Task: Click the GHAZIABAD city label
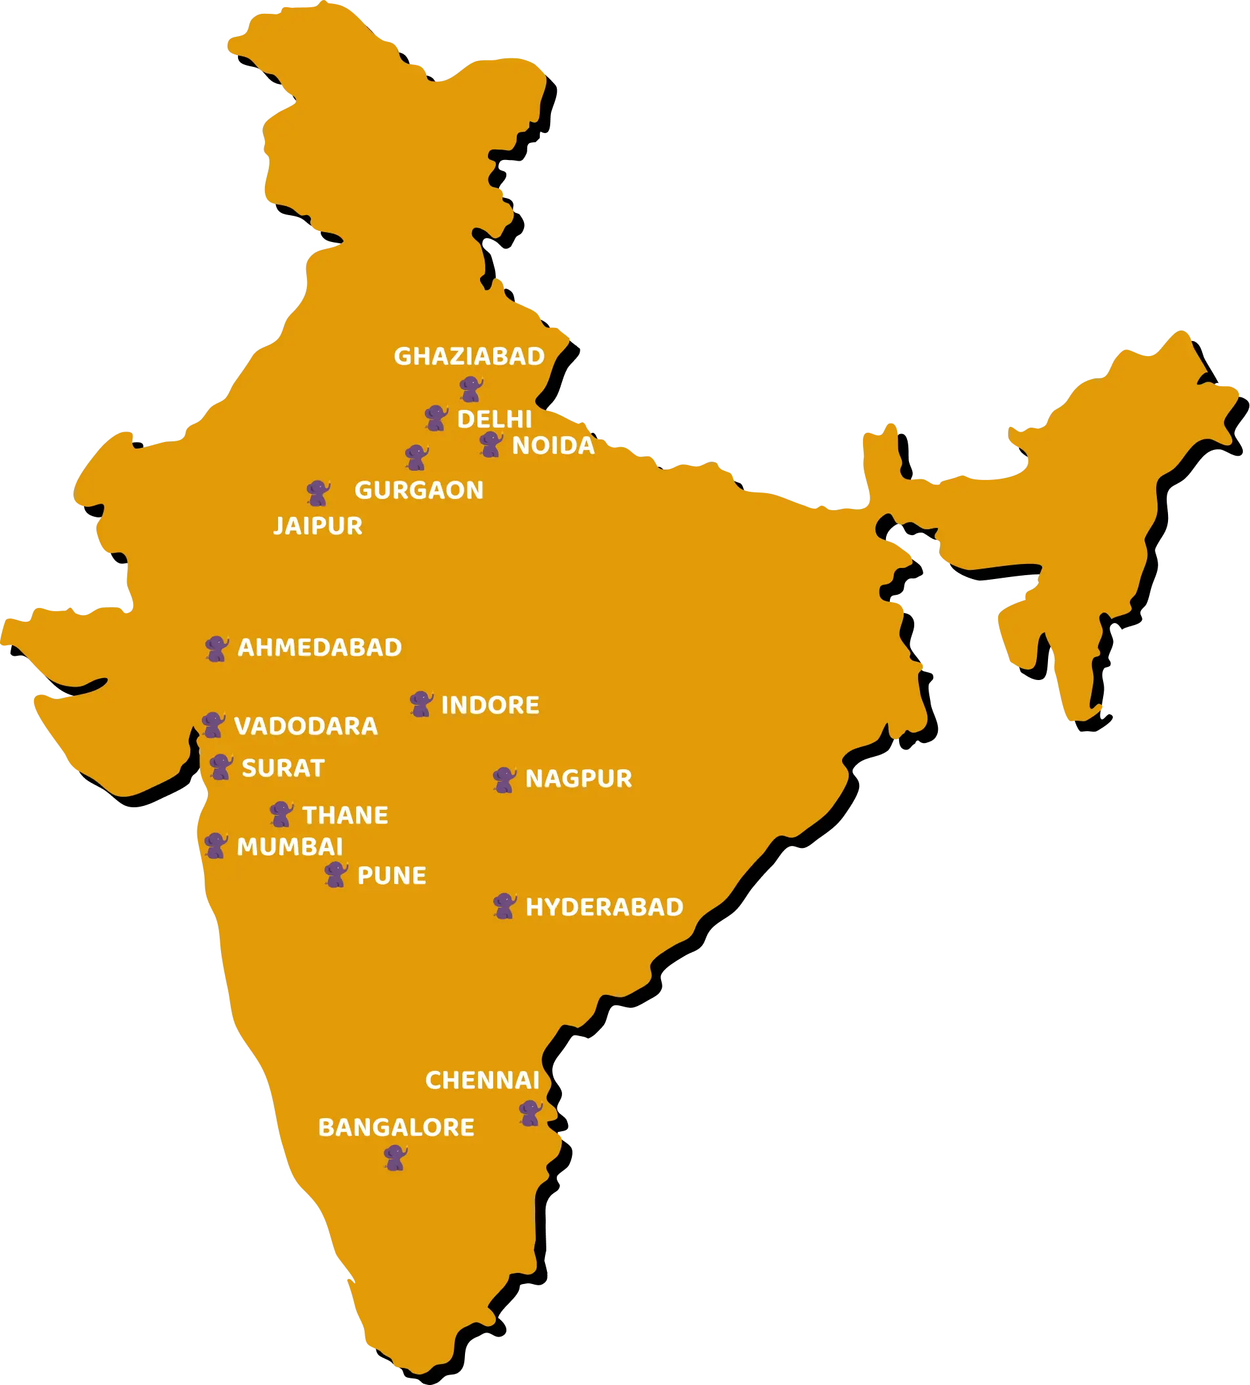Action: (469, 356)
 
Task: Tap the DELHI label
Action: (494, 419)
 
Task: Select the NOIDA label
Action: (553, 446)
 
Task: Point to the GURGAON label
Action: (419, 491)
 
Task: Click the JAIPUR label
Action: (318, 526)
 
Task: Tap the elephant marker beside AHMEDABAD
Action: (217, 648)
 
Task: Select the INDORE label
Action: (490, 705)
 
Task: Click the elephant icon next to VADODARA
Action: (213, 725)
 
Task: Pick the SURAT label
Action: (283, 768)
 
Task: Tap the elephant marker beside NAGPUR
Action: (504, 779)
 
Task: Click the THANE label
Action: (346, 815)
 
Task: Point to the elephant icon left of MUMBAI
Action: (216, 845)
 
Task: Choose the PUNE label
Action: (392, 875)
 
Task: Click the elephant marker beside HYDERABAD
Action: (504, 906)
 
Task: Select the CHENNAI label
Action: (482, 1080)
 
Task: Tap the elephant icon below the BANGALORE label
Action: (395, 1157)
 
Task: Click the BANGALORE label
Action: (396, 1127)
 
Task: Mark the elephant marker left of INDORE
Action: (421, 704)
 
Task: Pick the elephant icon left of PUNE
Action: (336, 874)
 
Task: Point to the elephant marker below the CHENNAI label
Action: (530, 1112)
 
